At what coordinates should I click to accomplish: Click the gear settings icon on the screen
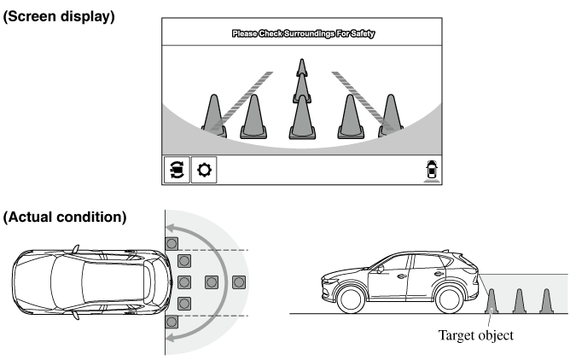click(204, 170)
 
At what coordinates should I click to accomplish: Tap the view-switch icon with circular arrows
click(177, 170)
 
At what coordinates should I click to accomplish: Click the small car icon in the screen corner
click(432, 171)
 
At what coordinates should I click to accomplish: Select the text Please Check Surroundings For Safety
click(303, 34)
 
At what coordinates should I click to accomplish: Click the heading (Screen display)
click(59, 17)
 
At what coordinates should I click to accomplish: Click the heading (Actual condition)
click(65, 218)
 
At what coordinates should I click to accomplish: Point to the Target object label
click(476, 335)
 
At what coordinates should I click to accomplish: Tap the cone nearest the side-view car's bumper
click(491, 301)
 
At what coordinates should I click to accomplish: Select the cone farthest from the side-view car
click(546, 301)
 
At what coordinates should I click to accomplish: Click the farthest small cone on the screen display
click(302, 67)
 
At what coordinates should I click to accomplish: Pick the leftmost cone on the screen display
click(214, 116)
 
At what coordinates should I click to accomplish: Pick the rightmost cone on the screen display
click(391, 115)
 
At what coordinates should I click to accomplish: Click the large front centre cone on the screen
click(302, 118)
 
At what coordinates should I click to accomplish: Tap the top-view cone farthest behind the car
click(238, 282)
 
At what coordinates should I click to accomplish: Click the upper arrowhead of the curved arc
click(172, 229)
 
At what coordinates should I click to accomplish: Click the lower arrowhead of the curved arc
click(172, 338)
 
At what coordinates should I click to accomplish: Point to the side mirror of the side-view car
click(381, 270)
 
